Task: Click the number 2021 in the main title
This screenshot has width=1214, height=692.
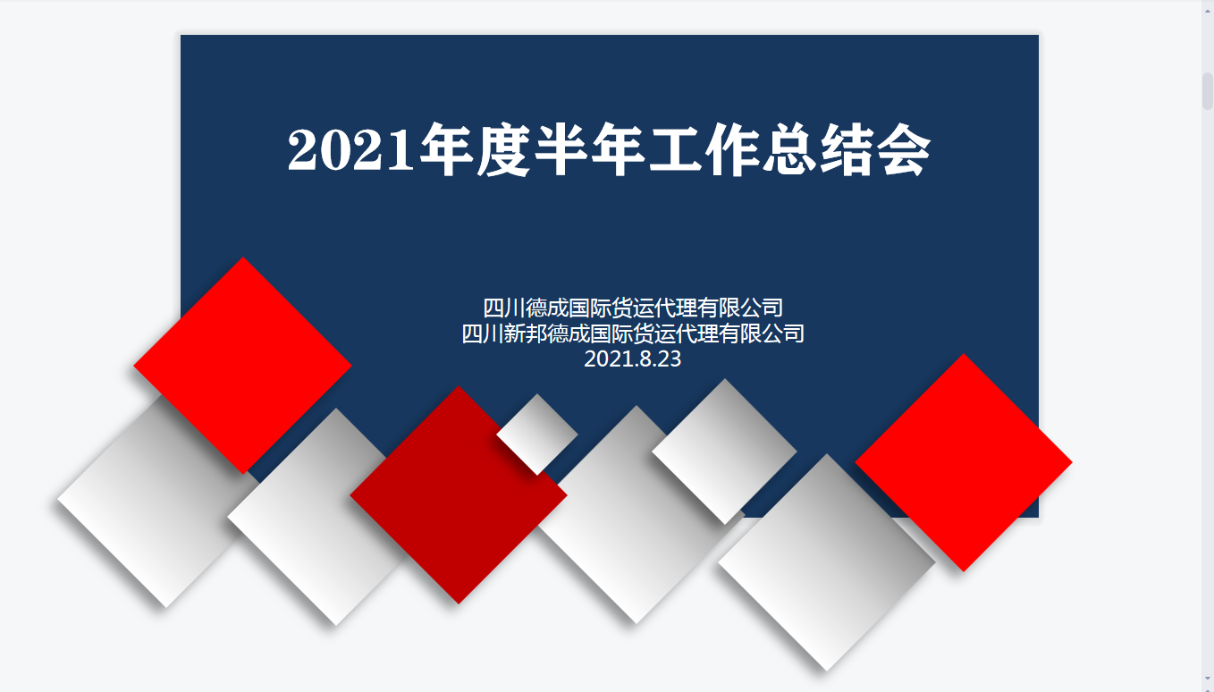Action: click(350, 149)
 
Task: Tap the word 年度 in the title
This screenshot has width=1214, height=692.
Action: click(475, 149)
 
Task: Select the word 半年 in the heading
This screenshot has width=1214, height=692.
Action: click(590, 149)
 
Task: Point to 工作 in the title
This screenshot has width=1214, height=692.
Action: click(704, 149)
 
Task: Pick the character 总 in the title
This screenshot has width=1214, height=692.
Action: click(790, 149)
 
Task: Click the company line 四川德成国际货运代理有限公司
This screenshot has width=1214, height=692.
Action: click(632, 308)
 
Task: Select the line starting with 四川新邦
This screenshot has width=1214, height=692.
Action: click(632, 333)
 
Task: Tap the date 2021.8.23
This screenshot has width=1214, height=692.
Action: click(632, 359)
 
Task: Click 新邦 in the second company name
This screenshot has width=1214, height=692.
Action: click(525, 333)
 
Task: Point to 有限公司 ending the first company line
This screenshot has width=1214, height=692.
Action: click(740, 308)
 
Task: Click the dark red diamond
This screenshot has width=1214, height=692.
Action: click(459, 494)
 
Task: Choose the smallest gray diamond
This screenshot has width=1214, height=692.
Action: click(537, 435)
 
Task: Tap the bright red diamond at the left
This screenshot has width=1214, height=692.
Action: click(243, 366)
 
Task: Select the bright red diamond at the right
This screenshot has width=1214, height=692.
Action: click(964, 463)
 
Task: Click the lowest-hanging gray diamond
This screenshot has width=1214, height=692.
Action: click(827, 563)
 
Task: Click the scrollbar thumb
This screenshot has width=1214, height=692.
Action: click(1208, 91)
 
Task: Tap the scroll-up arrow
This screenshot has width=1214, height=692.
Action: click(1208, 11)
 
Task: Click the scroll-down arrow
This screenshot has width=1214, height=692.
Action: click(1208, 678)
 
